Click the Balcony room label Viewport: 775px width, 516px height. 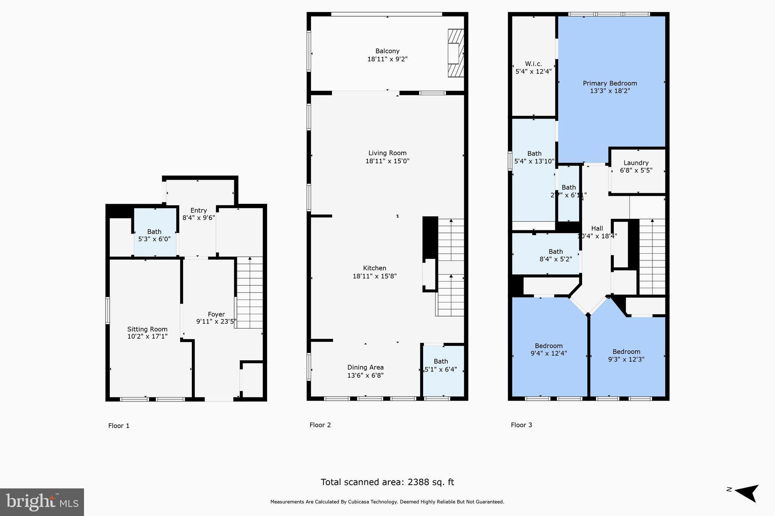pos(387,51)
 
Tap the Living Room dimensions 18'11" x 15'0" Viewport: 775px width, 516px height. pos(387,161)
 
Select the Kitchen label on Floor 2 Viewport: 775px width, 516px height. pos(374,268)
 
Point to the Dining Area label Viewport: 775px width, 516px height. pos(365,367)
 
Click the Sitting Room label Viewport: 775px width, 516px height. pos(147,329)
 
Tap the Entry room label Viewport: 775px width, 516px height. pos(198,211)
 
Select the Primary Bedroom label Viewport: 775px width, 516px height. pos(610,84)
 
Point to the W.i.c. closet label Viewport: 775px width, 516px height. pos(533,64)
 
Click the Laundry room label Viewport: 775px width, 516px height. pos(636,163)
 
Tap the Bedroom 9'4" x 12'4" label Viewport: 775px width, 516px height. pos(548,346)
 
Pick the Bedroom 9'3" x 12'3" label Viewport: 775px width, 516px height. pos(626,352)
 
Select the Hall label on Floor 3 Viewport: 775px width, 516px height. pos(597,228)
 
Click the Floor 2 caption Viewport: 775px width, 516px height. pos(320,425)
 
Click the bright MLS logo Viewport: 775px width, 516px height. pos(42,502)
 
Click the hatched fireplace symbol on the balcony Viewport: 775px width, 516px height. pos(456,53)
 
